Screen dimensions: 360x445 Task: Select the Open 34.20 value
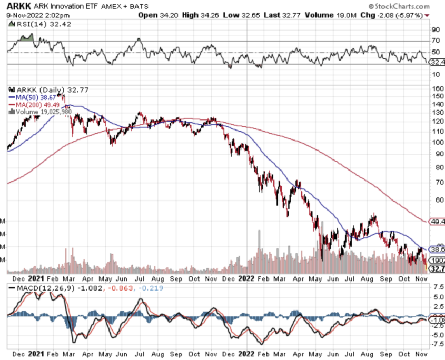coord(158,15)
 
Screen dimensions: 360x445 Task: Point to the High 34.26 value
coord(199,15)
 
